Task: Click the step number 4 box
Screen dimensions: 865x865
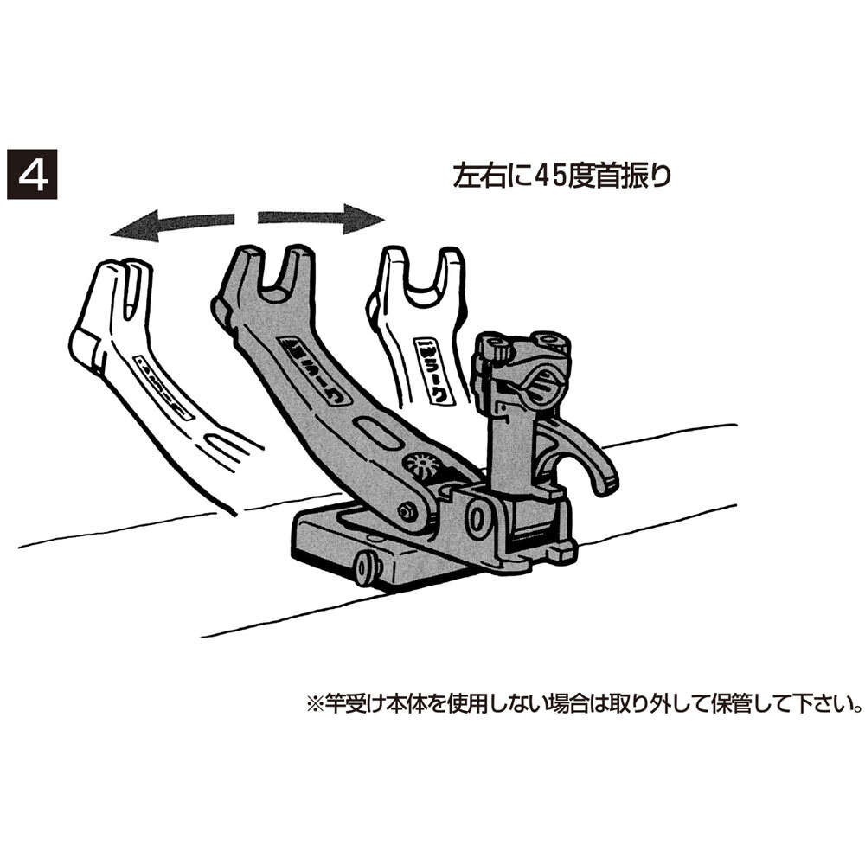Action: (33, 176)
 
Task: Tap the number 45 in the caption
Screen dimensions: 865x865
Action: (548, 175)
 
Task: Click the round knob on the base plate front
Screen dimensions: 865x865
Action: (367, 567)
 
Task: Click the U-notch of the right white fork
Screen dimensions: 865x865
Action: (421, 277)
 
